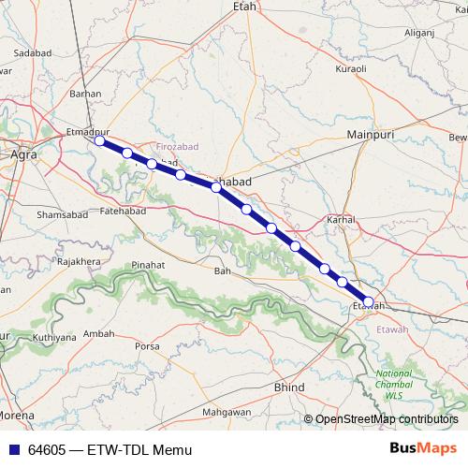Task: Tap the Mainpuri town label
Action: [x=368, y=135]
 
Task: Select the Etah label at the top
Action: [x=243, y=7]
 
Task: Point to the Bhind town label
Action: [x=287, y=386]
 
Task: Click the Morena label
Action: [x=17, y=414]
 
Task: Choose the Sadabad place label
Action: [x=31, y=54]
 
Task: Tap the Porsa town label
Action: [x=148, y=346]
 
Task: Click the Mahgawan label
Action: [x=229, y=412]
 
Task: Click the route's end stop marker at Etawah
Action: [x=369, y=302]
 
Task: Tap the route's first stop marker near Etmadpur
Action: [x=99, y=141]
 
